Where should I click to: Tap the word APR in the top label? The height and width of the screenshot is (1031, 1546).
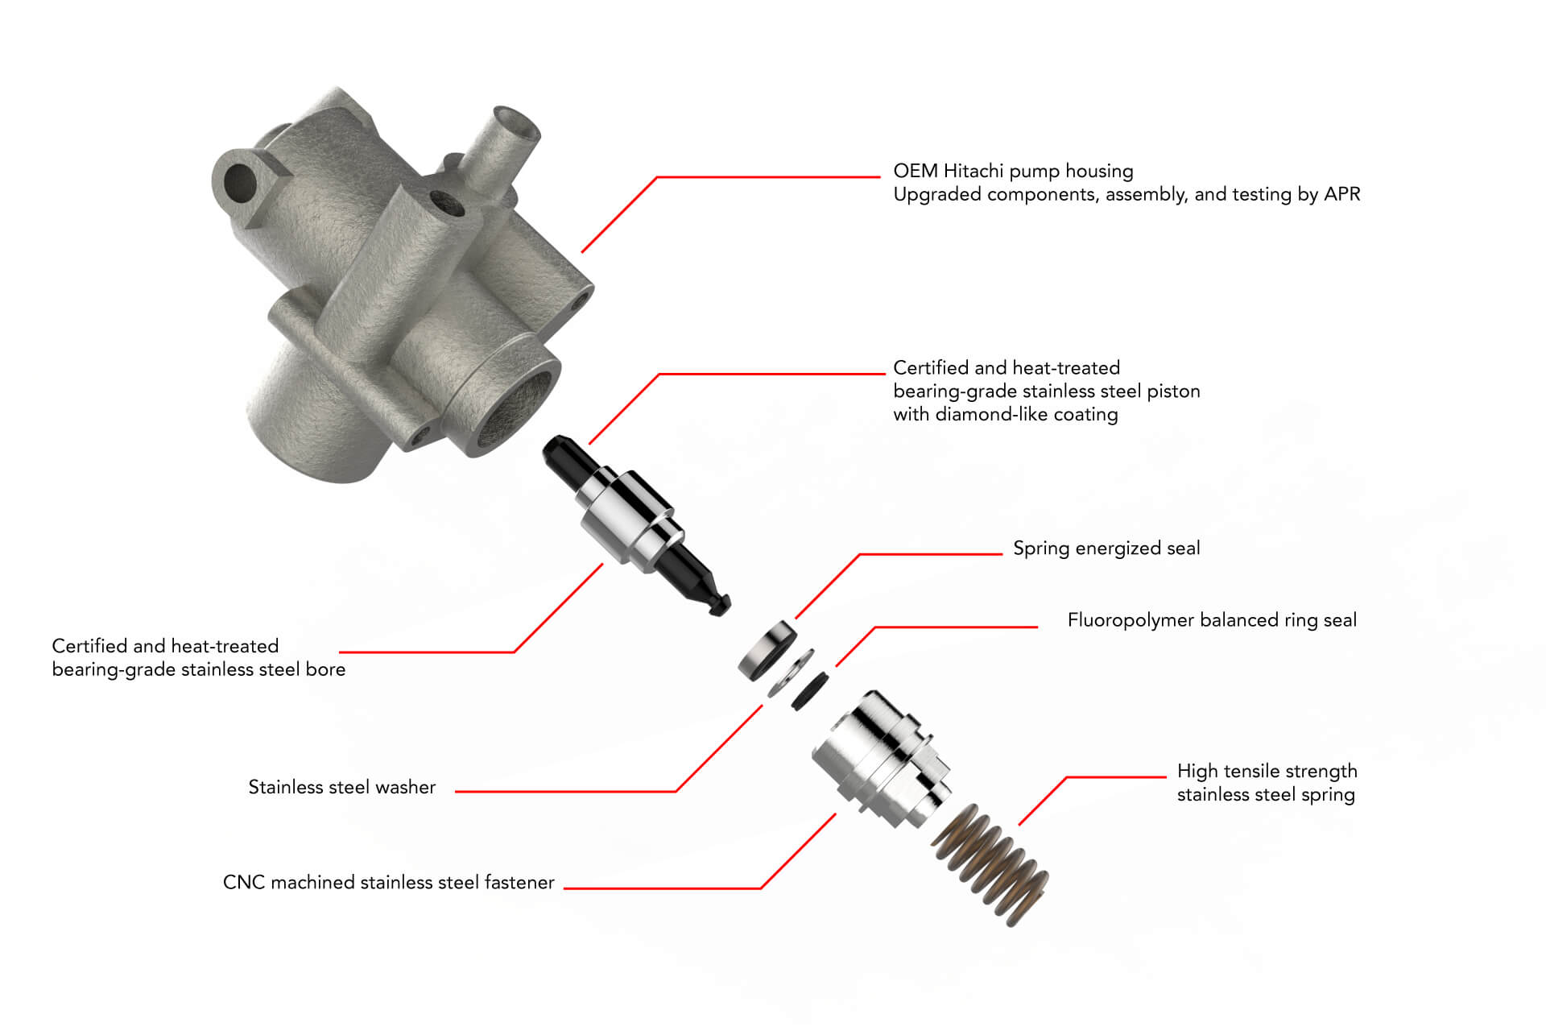(1341, 194)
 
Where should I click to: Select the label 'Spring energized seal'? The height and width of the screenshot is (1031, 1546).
(1106, 549)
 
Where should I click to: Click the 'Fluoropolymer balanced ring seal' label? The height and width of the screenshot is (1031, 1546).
(1211, 620)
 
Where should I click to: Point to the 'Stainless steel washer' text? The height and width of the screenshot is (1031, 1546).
(341, 787)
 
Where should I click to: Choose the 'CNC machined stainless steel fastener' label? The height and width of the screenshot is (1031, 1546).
(388, 883)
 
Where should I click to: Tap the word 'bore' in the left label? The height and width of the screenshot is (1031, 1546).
(325, 669)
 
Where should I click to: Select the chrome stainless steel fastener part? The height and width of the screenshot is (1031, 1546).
(882, 757)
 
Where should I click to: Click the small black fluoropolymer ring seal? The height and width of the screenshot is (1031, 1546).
(809, 691)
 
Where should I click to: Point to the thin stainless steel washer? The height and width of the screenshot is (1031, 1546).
(789, 673)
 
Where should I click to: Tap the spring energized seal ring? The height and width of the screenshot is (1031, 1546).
(767, 650)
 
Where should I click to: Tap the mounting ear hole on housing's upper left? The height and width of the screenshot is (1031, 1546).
(239, 180)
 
